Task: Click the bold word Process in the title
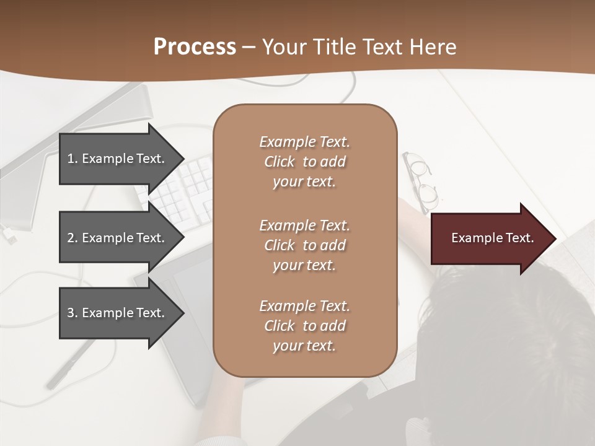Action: [x=195, y=47]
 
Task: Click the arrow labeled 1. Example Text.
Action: [x=116, y=159]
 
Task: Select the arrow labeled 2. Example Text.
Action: [x=116, y=238]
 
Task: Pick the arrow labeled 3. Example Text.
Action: [x=116, y=313]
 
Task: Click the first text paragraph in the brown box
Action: [x=304, y=162]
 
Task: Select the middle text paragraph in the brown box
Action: [x=304, y=245]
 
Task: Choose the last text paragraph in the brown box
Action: [x=304, y=326]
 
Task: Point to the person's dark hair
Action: [x=508, y=347]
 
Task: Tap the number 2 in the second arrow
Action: [x=71, y=238]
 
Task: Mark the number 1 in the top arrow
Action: [x=71, y=159]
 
